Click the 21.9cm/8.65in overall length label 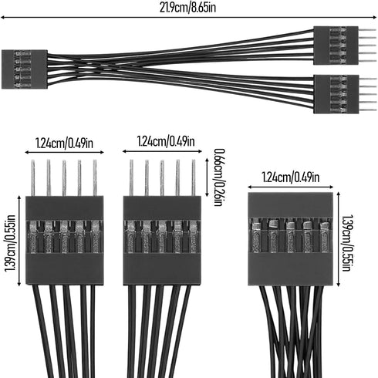187,7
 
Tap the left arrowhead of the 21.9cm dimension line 2,18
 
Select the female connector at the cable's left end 25,69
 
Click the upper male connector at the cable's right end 336,46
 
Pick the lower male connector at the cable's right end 336,94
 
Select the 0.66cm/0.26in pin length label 219,177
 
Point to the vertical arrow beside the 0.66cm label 207,177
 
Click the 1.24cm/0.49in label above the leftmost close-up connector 64,143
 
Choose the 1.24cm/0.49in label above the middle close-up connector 166,141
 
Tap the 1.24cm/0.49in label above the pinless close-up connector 291,177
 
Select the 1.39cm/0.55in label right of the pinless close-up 346,243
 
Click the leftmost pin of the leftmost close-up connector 33,178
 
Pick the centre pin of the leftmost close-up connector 64,178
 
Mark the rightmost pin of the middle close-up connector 194,178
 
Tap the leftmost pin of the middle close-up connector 131,178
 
